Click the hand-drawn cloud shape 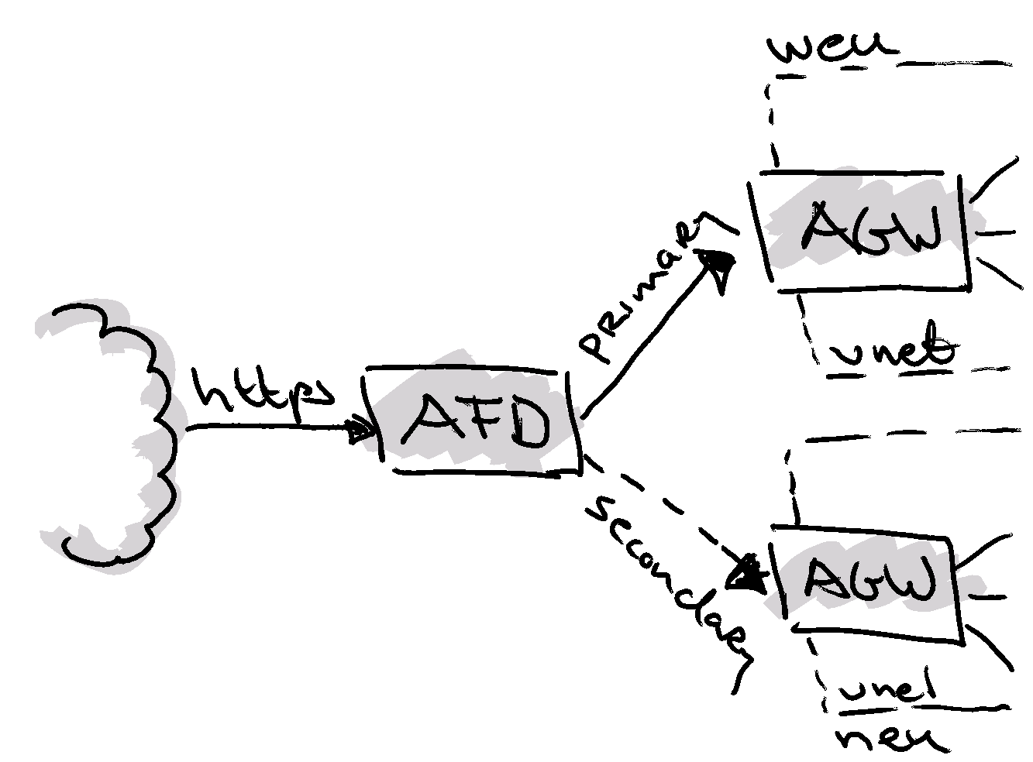pyautogui.click(x=116, y=434)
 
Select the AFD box pyautogui.click(x=477, y=422)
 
